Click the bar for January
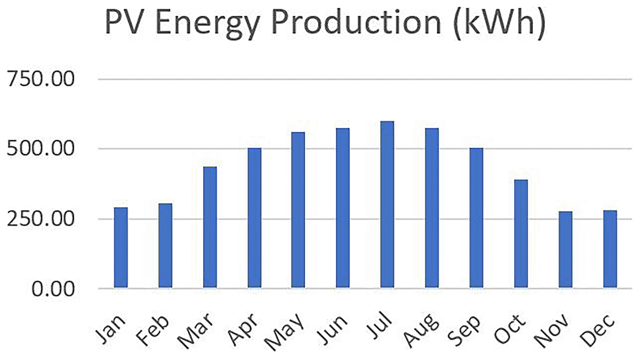coord(120,248)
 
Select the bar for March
coord(210,227)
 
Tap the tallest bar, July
coord(387,205)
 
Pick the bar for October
coord(521,233)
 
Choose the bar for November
coord(566,250)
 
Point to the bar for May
coord(298,210)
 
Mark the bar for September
coord(476,218)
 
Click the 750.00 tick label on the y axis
coord(41,79)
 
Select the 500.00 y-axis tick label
coord(41,148)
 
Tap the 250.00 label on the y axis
coord(41,218)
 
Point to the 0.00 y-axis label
coord(54,289)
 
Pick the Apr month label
coord(243,330)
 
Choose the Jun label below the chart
coord(332,330)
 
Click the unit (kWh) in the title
coord(499,23)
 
